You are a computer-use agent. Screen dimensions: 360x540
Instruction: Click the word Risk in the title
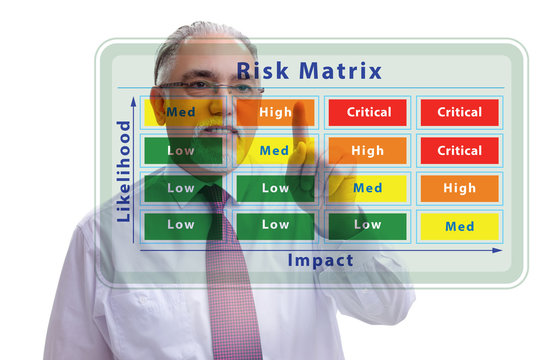point(262,71)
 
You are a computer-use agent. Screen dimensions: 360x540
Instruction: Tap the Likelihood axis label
point(124,171)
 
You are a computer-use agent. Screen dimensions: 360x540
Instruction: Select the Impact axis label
point(320,260)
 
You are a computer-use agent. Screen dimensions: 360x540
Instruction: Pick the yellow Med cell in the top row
point(181,112)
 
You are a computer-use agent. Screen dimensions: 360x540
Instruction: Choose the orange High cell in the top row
point(275,112)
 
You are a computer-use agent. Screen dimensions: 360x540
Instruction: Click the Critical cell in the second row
point(459,151)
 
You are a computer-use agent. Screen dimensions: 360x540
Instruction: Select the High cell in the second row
point(367,151)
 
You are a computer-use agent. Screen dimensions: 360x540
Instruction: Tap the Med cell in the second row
point(274,151)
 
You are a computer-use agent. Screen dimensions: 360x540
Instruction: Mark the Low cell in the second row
point(181,151)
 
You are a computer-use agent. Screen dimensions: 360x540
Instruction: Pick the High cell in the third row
point(459,188)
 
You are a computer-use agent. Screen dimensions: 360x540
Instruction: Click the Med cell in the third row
point(367,188)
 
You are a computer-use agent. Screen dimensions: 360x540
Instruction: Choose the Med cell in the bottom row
point(459,226)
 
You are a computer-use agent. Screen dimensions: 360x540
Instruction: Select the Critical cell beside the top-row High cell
point(368,112)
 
